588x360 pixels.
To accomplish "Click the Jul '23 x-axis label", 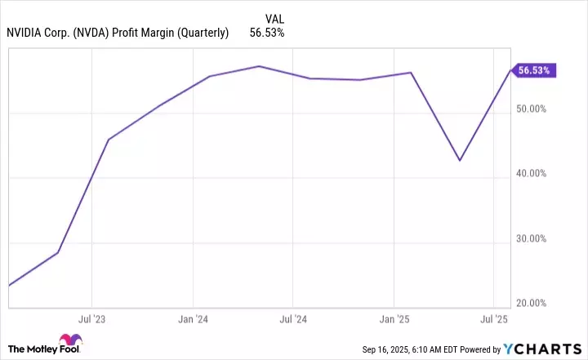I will coord(91,318).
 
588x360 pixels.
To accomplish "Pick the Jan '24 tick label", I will coord(192,318).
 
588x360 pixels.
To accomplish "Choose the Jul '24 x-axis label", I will coord(293,318).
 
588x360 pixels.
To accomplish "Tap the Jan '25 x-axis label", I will coord(394,318).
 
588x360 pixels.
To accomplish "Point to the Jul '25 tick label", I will coord(494,318).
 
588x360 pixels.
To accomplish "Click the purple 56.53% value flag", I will coord(534,70).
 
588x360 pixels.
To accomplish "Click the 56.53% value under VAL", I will coord(266,33).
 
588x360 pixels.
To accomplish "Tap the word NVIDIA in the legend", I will coord(28,33).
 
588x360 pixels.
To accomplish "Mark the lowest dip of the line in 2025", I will coord(460,160).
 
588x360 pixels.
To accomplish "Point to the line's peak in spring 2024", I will coord(259,66).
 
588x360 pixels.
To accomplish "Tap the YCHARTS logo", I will coord(543,349).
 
